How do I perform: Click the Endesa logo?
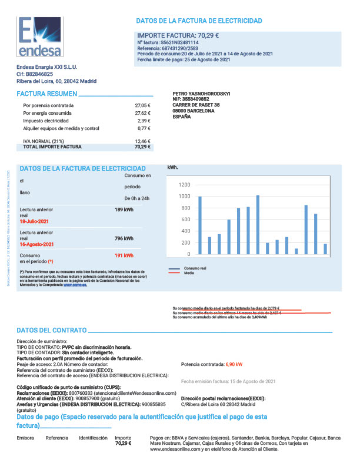coord(39,36)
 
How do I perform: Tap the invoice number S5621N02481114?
coord(179,43)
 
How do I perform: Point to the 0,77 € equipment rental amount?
coord(145,128)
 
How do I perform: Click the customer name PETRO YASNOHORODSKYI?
coord(202,94)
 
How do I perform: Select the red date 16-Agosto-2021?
coord(36,244)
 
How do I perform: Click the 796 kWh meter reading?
coord(124,238)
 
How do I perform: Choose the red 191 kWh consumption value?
coord(124,256)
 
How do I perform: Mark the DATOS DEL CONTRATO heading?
coord(52,331)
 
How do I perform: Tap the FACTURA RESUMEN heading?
coord(46,94)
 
